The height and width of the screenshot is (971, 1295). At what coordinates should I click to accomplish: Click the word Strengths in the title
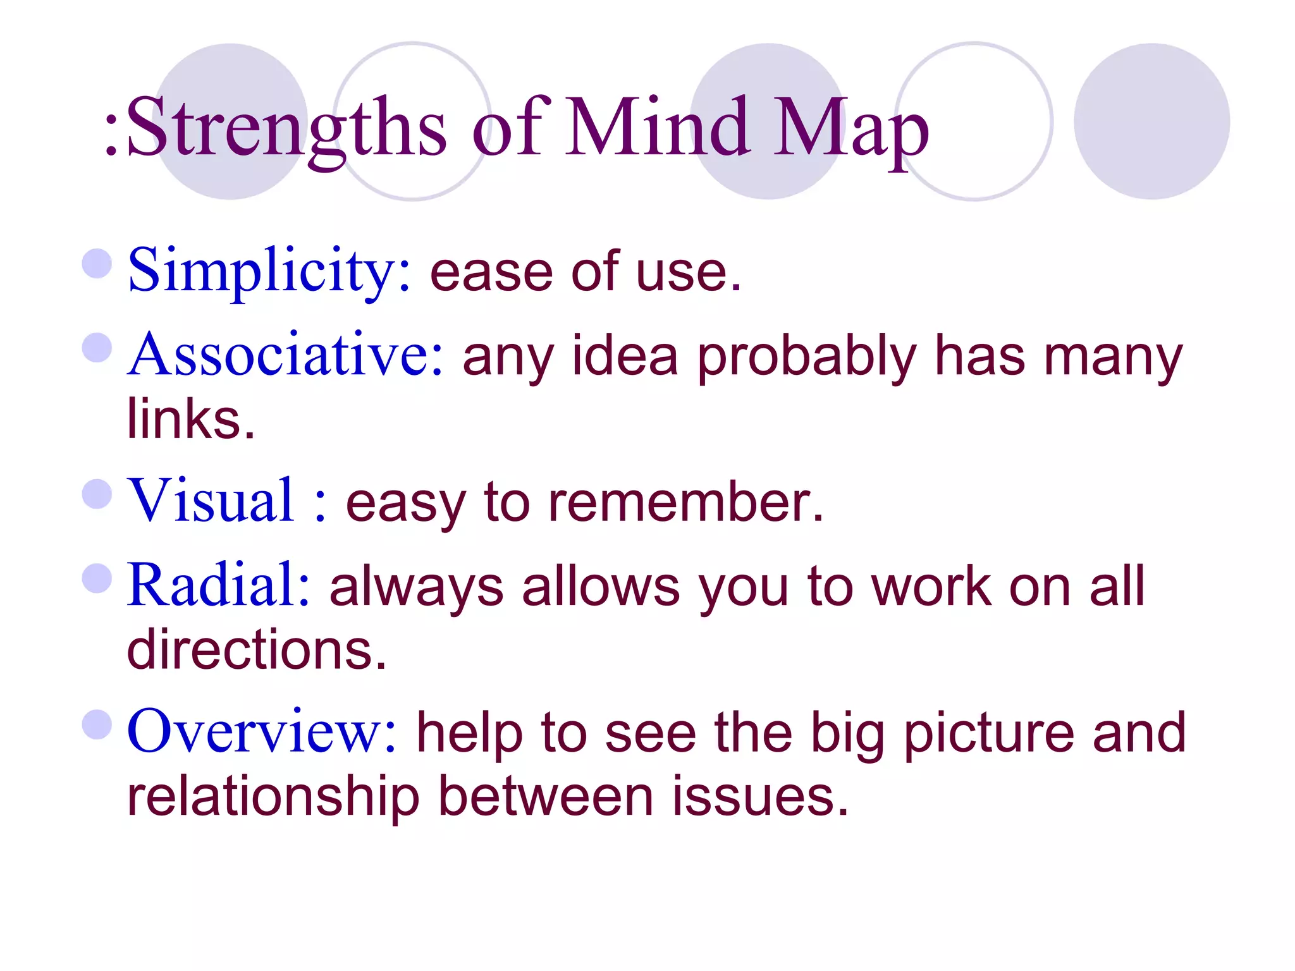pos(288,126)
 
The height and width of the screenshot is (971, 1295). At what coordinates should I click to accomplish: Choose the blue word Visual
pos(211,500)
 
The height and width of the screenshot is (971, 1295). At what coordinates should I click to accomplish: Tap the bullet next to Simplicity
pos(97,264)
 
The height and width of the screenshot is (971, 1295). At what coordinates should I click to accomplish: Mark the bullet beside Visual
pos(97,494)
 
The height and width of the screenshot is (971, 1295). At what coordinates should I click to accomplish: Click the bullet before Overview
pos(97,724)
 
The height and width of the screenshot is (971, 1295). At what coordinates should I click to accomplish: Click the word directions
pos(256,649)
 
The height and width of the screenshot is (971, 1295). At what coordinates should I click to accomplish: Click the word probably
pos(807,357)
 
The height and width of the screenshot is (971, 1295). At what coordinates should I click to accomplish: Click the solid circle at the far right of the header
pos(1151,121)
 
